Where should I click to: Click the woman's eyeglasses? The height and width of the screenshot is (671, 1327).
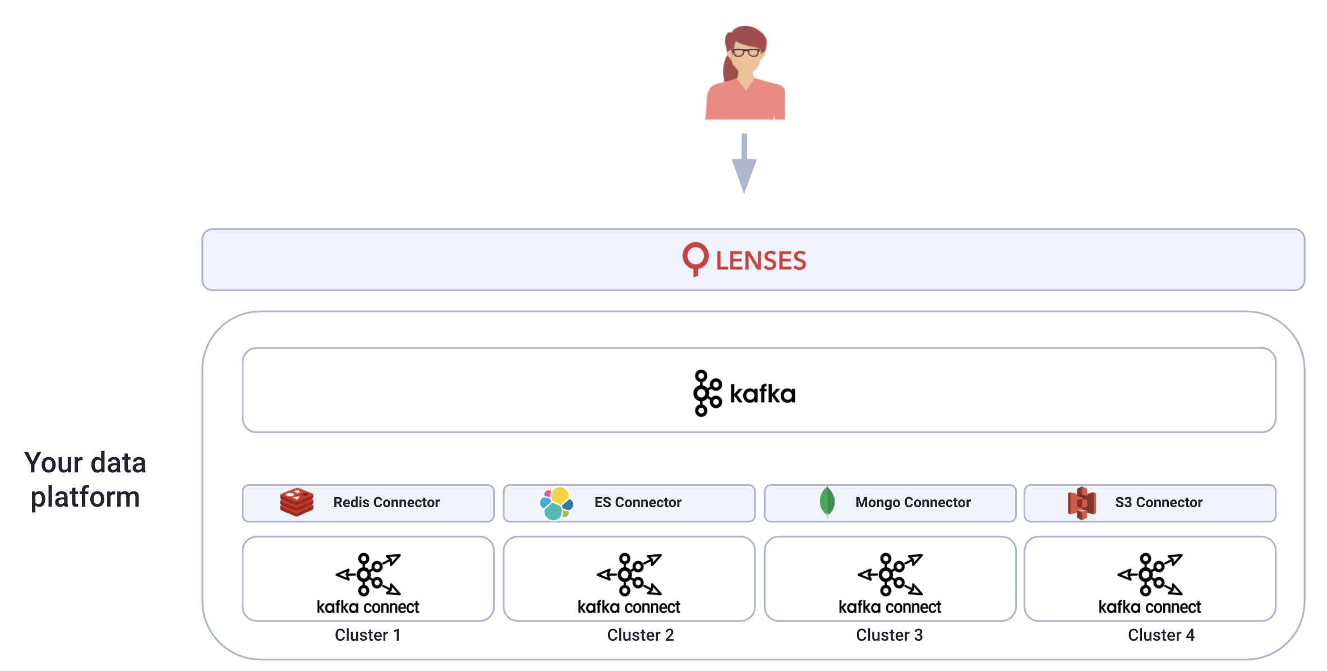click(x=745, y=53)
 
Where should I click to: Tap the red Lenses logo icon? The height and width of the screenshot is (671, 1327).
click(x=695, y=259)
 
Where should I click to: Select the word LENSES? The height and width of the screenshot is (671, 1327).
click(x=761, y=261)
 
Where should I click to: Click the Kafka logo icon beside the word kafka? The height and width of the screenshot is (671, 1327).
click(x=707, y=393)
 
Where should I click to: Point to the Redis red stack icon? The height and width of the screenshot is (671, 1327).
click(x=297, y=502)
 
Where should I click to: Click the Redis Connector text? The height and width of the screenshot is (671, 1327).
click(x=386, y=503)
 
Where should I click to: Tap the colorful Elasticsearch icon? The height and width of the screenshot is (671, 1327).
click(x=556, y=503)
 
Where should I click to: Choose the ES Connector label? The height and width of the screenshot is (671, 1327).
click(x=638, y=503)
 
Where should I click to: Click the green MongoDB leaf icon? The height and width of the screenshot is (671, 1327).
click(x=827, y=502)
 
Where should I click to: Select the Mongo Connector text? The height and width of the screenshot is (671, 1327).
click(x=913, y=503)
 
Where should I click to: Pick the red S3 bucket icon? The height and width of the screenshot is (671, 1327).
click(x=1082, y=503)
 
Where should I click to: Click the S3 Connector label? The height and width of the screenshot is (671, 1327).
click(x=1159, y=503)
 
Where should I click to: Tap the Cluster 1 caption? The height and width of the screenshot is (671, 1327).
click(x=368, y=635)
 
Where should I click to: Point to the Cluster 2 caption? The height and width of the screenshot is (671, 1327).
click(x=641, y=635)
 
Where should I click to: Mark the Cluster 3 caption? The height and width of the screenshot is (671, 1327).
click(x=890, y=635)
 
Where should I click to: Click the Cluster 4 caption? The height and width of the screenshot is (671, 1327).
click(x=1161, y=635)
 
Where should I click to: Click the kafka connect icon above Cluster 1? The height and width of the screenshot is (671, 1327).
click(x=368, y=575)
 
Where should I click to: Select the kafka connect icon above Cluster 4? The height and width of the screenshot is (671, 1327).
click(x=1150, y=575)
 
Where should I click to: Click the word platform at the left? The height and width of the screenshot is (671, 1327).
click(x=85, y=497)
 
